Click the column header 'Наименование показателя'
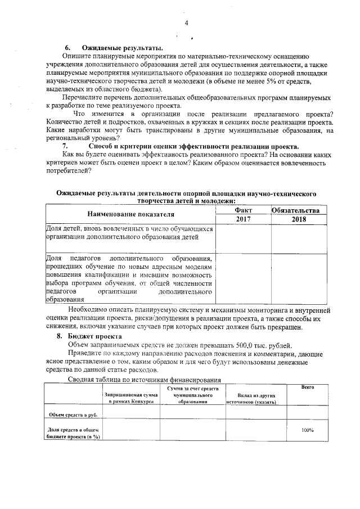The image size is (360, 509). [x=130, y=214]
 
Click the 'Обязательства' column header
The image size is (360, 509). [x=299, y=210]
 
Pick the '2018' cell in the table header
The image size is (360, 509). [x=299, y=219]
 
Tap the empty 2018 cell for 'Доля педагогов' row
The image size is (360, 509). [x=299, y=278]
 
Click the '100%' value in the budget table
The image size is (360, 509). [x=307, y=430]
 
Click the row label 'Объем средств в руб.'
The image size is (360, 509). [x=73, y=415]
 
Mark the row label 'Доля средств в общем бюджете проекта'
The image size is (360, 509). [x=73, y=433]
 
